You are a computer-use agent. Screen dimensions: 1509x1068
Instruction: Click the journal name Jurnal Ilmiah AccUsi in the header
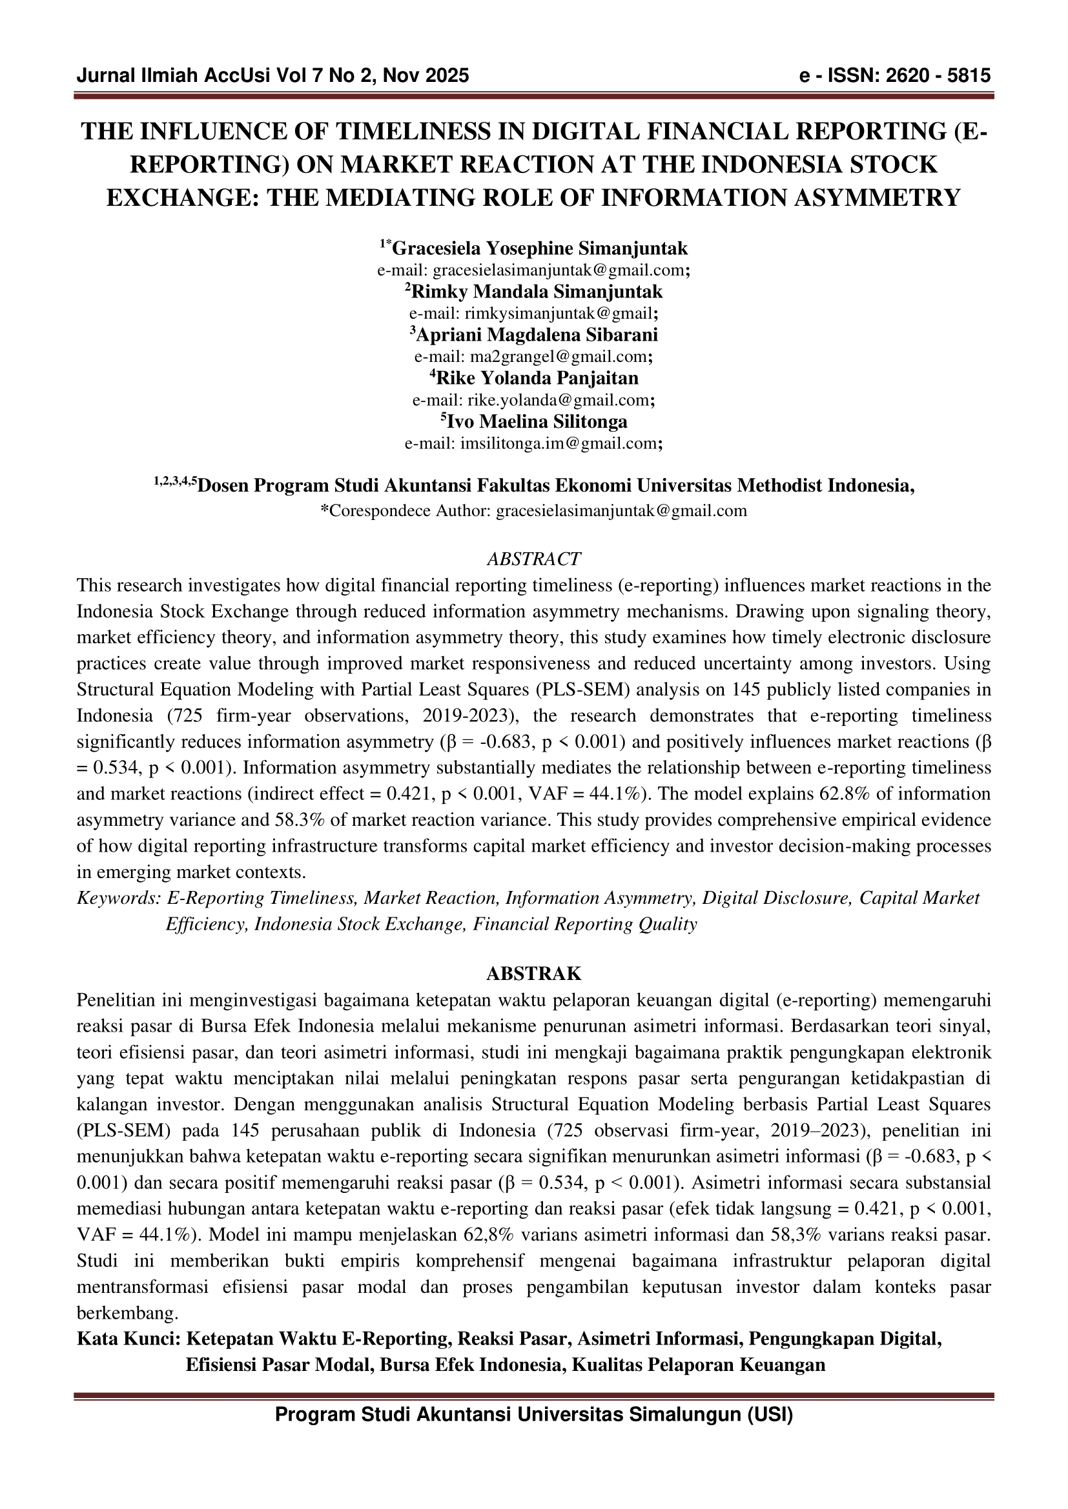pyautogui.click(x=172, y=76)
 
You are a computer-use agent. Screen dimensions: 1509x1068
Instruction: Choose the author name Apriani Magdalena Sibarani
pyautogui.click(x=537, y=335)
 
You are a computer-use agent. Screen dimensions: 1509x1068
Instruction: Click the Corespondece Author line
pyautogui.click(x=533, y=511)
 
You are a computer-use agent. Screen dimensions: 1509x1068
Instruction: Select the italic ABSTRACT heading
pyautogui.click(x=533, y=559)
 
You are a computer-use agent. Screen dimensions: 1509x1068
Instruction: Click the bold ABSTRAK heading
pyautogui.click(x=533, y=974)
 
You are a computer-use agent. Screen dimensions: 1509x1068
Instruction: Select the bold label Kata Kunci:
pyautogui.click(x=128, y=1339)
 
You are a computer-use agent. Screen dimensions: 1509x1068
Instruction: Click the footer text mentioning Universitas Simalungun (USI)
pyautogui.click(x=533, y=1414)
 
